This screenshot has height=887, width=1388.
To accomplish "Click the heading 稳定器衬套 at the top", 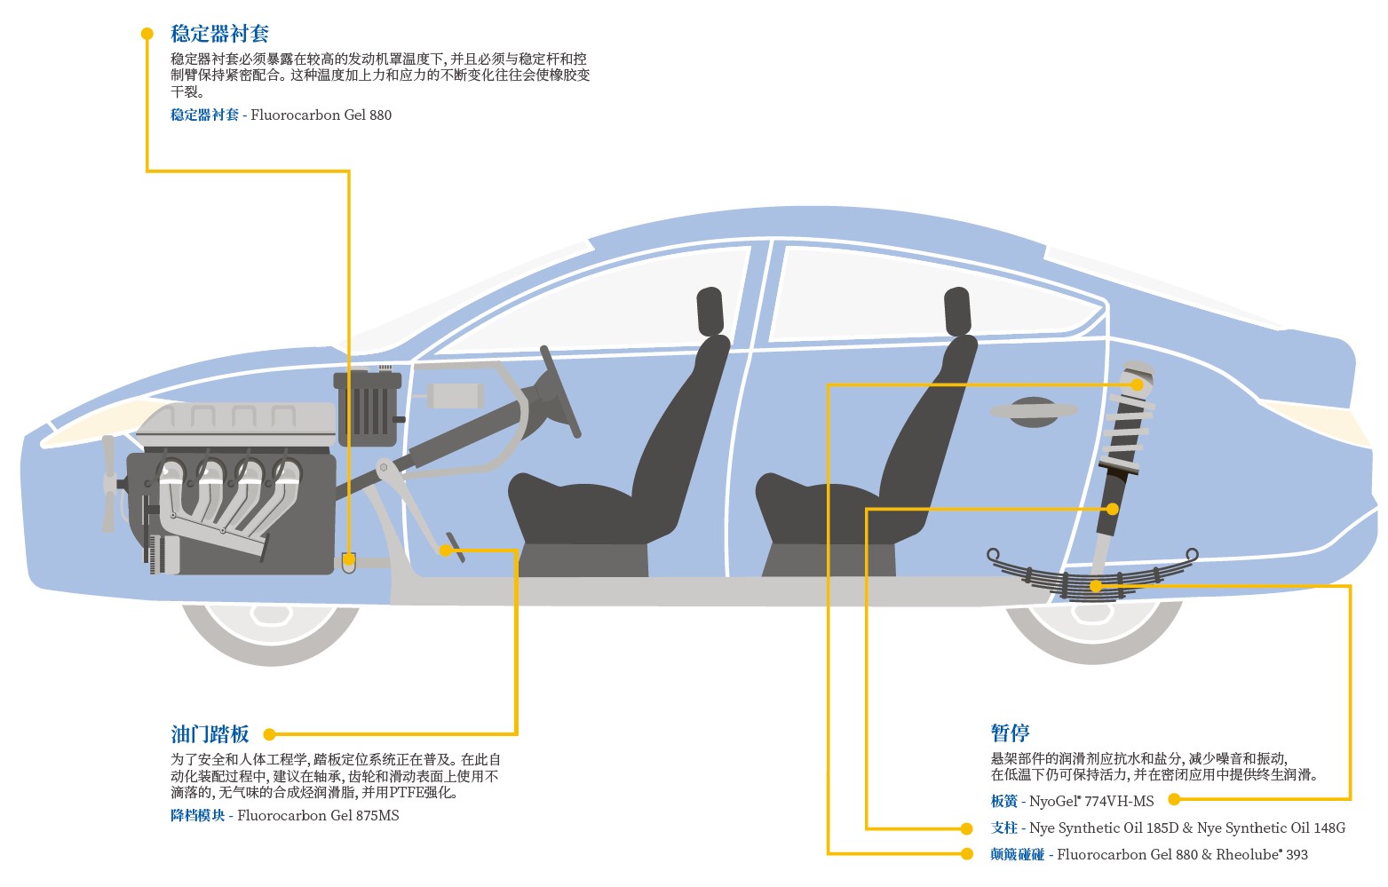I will pyautogui.click(x=219, y=34).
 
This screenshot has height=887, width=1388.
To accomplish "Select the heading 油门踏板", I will pyautogui.click(x=210, y=734).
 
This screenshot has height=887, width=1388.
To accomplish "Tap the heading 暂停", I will pyautogui.click(x=1010, y=733).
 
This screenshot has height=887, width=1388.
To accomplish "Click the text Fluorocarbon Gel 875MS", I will pyautogui.click(x=318, y=815).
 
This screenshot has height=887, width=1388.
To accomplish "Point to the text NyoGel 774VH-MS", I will pyautogui.click(x=1091, y=801).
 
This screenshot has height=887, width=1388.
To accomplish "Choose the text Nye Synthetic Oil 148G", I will pyautogui.click(x=1271, y=828).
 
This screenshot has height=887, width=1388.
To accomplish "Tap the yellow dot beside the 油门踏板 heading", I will pyautogui.click(x=269, y=734).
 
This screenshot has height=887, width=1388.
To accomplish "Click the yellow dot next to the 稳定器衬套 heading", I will pyautogui.click(x=147, y=34).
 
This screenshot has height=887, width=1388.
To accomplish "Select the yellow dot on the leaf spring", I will pyautogui.click(x=1096, y=586).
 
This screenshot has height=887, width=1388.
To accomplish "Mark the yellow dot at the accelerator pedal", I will pyautogui.click(x=445, y=550).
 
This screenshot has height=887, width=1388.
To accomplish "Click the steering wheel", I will pyautogui.click(x=559, y=391).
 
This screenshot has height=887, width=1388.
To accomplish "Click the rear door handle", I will pyautogui.click(x=1032, y=411).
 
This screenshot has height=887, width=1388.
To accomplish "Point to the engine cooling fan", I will pyautogui.click(x=109, y=484).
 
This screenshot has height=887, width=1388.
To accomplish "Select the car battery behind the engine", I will pyautogui.click(x=366, y=408).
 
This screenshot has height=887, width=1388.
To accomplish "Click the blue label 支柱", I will pyautogui.click(x=1003, y=828).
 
